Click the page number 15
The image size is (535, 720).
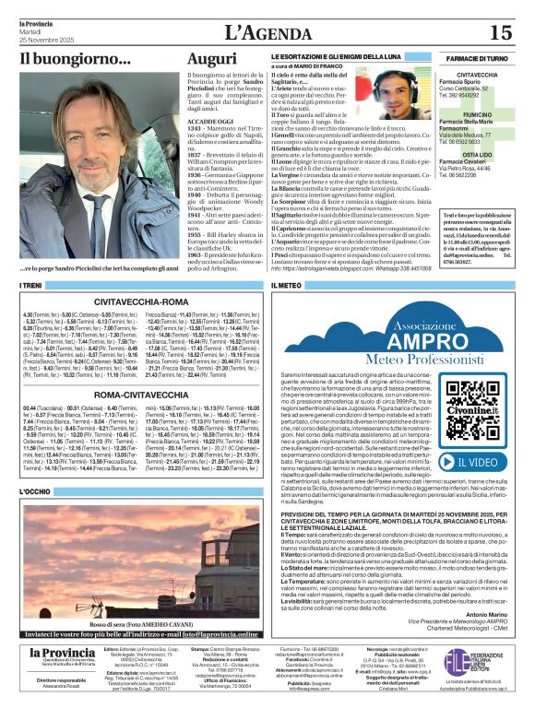[499, 33]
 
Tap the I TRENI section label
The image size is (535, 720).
[32, 286]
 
